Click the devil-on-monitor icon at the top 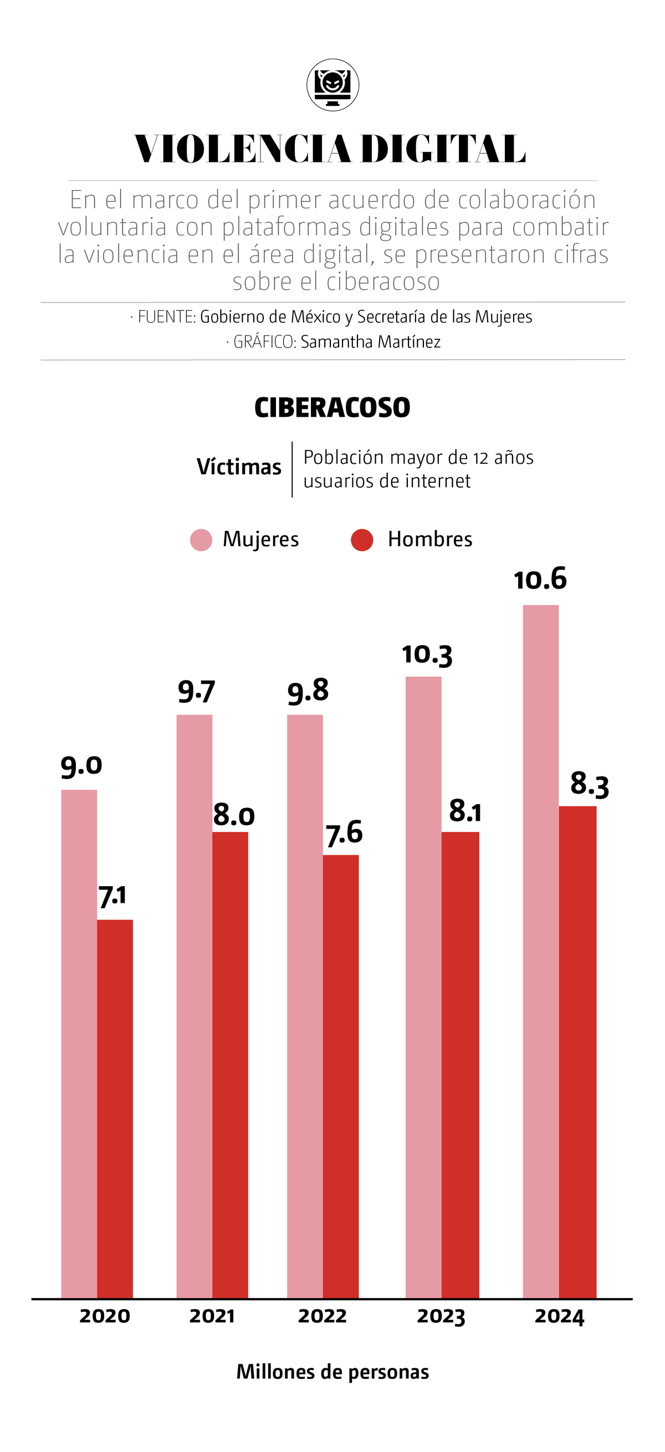click(332, 85)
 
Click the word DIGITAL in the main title click(443, 150)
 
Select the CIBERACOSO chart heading click(332, 407)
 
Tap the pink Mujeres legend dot click(201, 540)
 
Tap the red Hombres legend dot click(362, 540)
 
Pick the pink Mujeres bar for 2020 click(79, 1043)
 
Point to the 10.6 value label click(540, 580)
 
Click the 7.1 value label click(112, 896)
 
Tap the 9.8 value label click(308, 691)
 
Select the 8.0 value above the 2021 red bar click(234, 816)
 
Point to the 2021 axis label click(212, 1316)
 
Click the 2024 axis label click(559, 1316)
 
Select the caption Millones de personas click(332, 1372)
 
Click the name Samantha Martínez click(370, 342)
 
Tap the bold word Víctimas click(239, 467)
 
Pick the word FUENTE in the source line click(166, 317)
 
